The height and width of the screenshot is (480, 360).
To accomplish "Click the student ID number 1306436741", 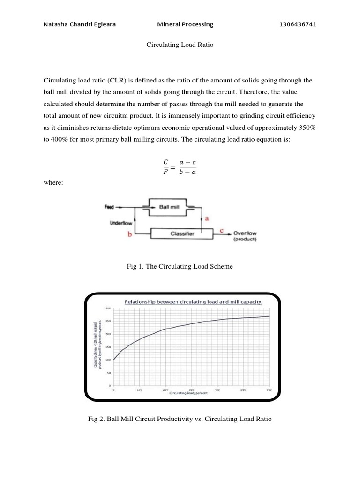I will [x=298, y=24].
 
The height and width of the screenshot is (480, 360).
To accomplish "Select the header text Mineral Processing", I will [x=185, y=24].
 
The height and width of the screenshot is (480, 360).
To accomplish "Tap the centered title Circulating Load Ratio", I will [x=180, y=45].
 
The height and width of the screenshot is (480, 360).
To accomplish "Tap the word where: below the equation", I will [x=52, y=183].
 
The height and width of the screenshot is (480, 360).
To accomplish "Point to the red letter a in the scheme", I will [x=207, y=218].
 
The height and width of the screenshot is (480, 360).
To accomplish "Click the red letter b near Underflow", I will [x=129, y=234].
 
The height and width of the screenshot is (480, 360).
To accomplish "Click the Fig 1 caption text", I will [x=180, y=266].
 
